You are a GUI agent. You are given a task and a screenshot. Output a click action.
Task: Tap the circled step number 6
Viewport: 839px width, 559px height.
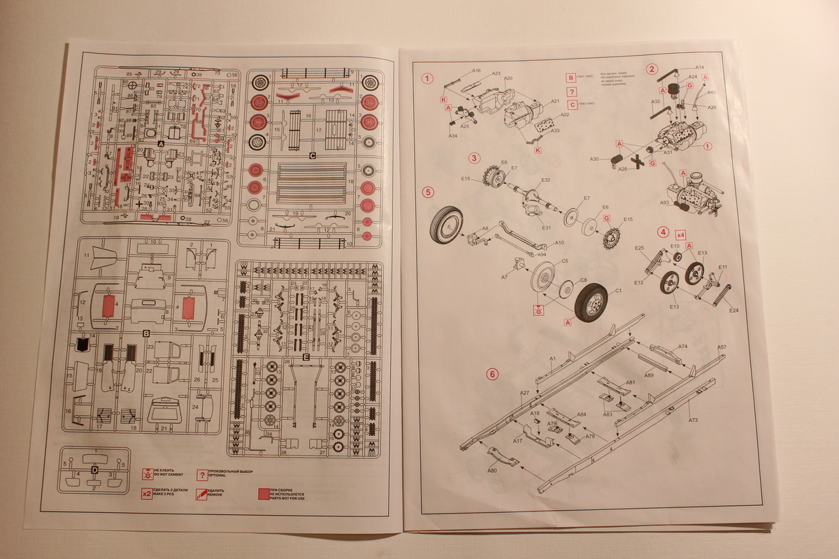tap(493, 374)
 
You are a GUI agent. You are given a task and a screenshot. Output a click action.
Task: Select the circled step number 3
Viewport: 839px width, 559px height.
tap(475, 158)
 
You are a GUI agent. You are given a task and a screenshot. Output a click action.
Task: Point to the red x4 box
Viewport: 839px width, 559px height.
tap(680, 234)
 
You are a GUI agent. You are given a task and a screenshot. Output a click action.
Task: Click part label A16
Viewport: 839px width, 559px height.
tap(476, 71)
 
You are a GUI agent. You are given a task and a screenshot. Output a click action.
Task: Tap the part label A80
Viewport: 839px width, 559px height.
tap(492, 471)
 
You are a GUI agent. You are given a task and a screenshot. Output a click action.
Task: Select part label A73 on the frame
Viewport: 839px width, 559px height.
tap(693, 420)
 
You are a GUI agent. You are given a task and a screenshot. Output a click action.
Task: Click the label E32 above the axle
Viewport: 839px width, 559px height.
tap(545, 180)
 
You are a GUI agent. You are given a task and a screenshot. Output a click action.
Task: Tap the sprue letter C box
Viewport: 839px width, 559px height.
tap(313, 154)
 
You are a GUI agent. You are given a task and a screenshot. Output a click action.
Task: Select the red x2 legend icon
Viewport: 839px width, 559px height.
tap(146, 493)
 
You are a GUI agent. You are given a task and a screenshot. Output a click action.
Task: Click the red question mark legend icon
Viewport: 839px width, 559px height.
tap(202, 475)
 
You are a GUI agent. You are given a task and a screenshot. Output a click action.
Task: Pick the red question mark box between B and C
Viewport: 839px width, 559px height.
tap(572, 92)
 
